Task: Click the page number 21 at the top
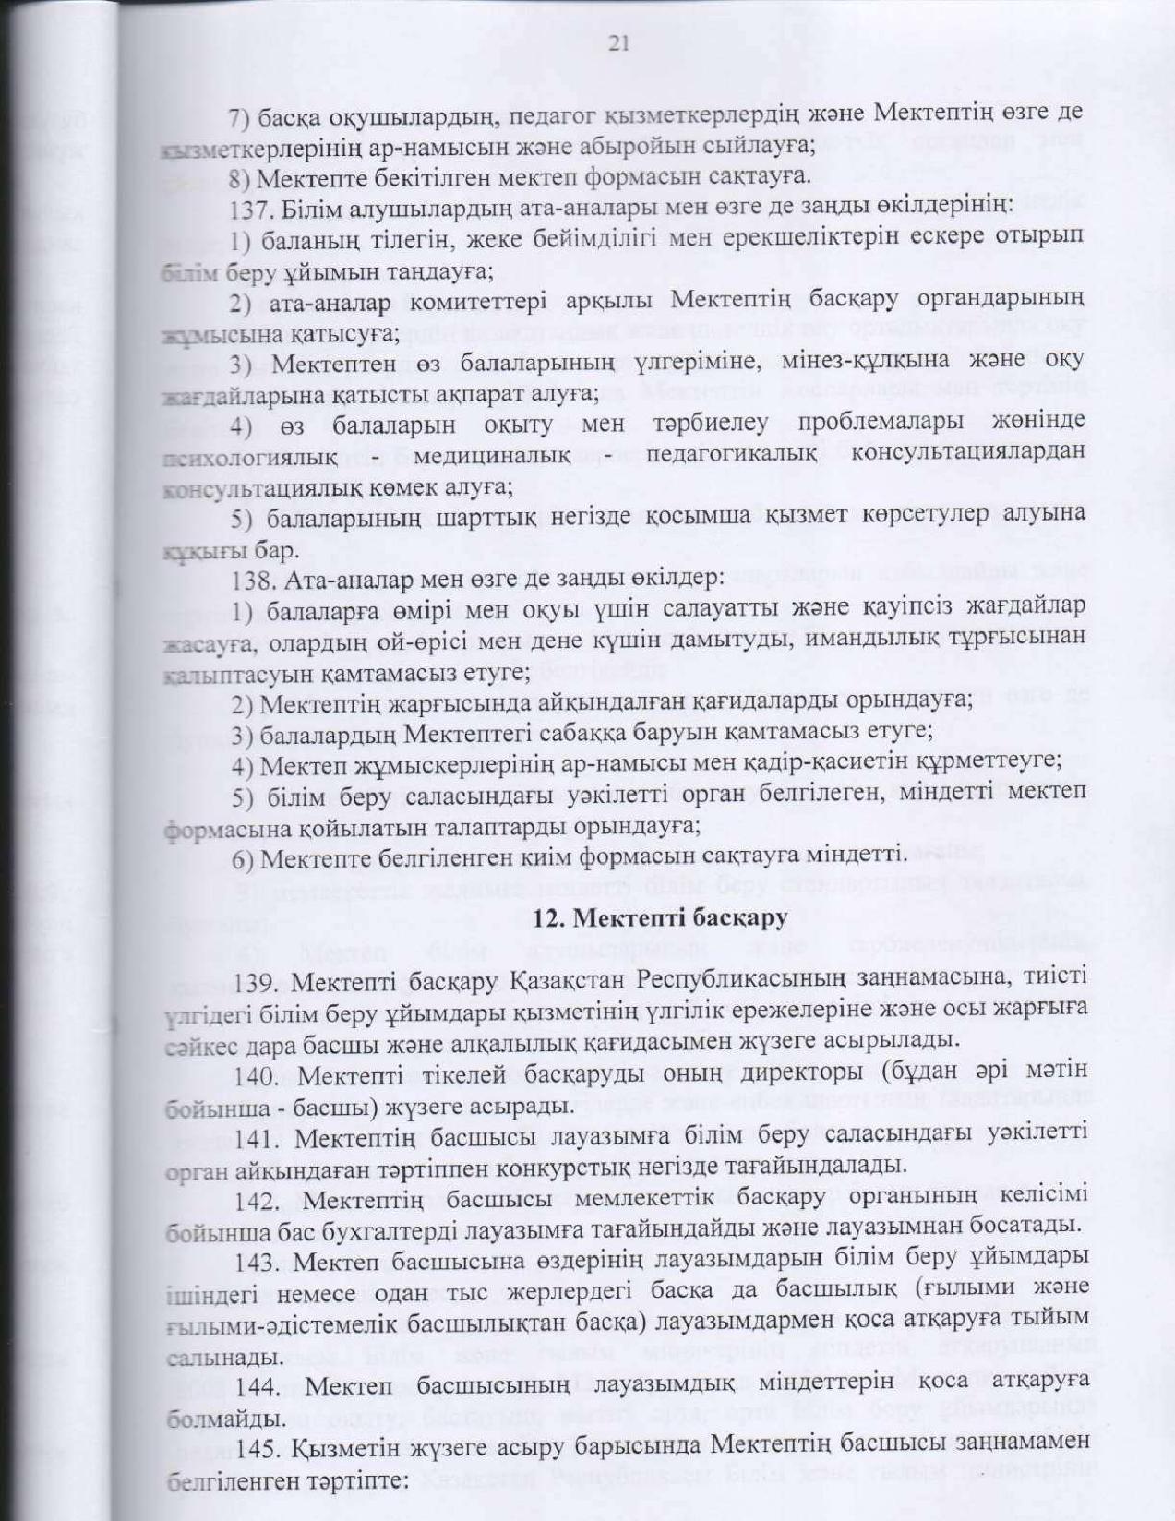[618, 43]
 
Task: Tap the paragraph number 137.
[248, 210]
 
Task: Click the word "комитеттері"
[488, 302]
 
